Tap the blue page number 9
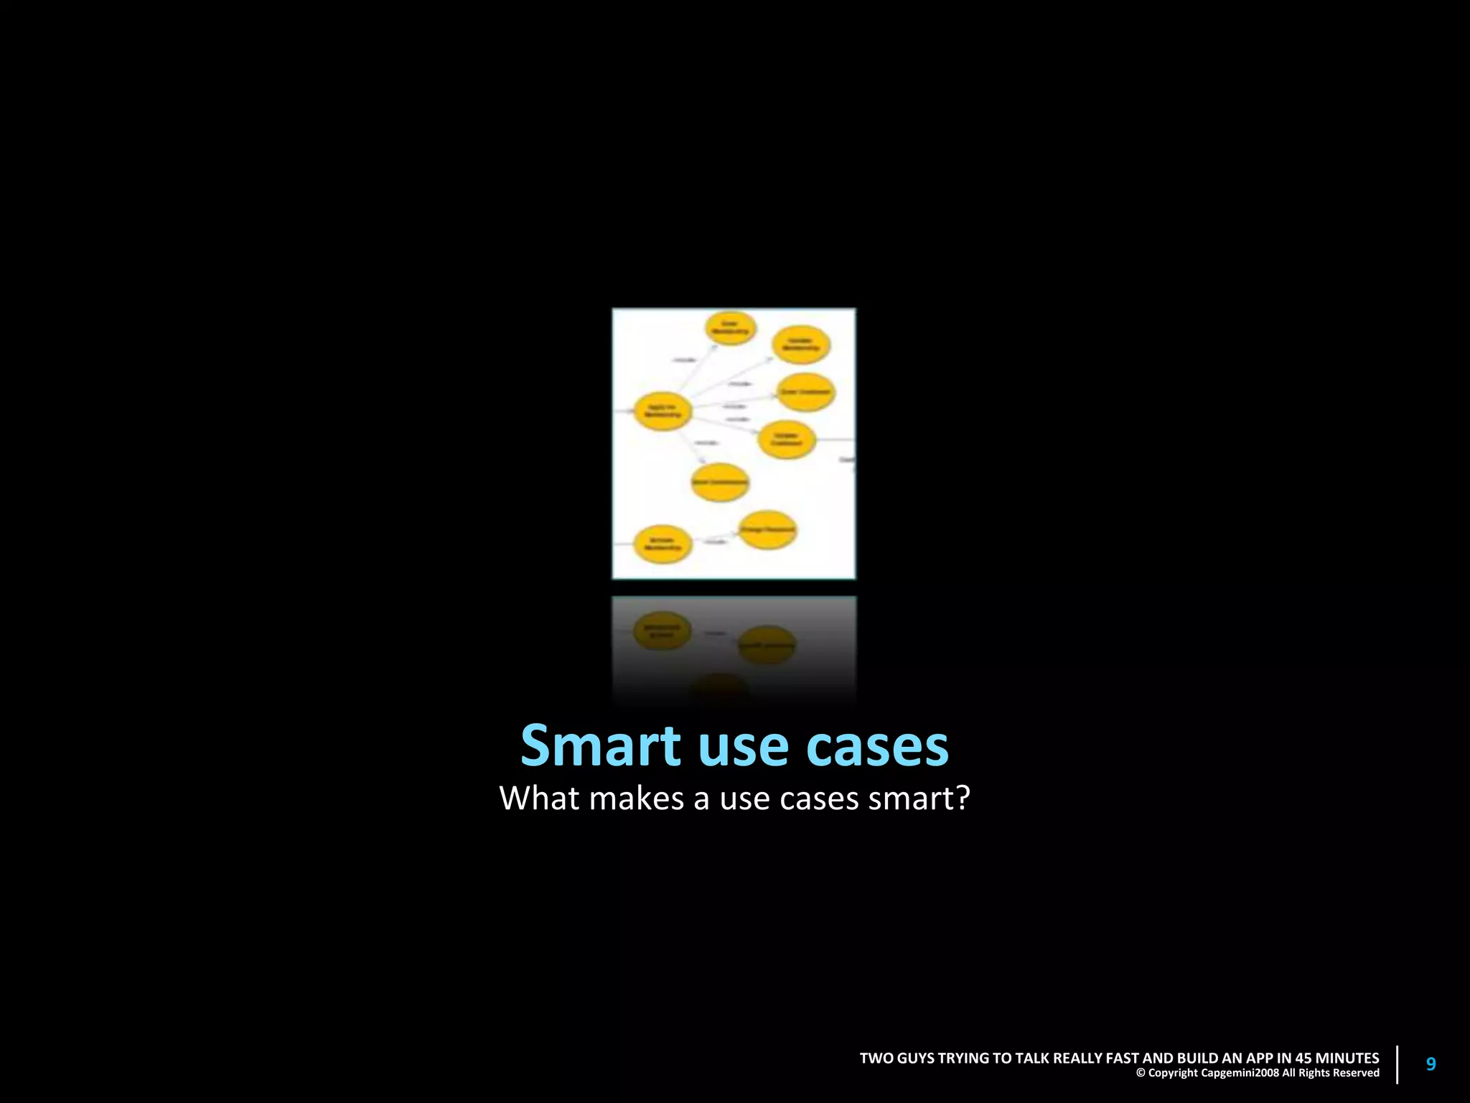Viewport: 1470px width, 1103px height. coord(1431,1064)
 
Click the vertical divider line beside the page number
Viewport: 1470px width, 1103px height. coord(1398,1064)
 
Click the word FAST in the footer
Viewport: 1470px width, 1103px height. coord(1122,1058)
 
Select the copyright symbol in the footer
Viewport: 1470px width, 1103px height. coord(1141,1074)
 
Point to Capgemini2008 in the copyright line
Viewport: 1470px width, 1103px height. coord(1240,1074)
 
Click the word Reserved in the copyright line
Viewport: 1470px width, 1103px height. coord(1357,1074)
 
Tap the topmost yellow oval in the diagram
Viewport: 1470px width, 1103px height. coord(731,328)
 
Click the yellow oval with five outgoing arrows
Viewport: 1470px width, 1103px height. coord(662,411)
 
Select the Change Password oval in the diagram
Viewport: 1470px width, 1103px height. coord(767,530)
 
